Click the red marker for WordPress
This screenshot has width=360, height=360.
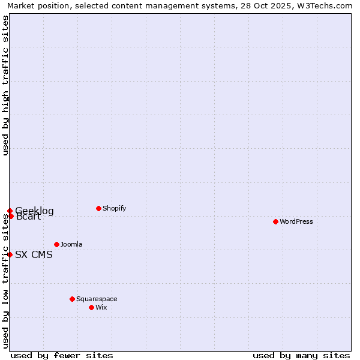click(275, 221)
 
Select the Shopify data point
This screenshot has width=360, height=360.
click(98, 208)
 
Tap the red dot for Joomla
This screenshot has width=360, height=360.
click(56, 244)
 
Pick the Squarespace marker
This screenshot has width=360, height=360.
click(72, 299)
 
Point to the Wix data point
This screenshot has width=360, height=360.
click(91, 307)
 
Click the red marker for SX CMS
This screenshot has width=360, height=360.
click(10, 254)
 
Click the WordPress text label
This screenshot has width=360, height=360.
click(296, 221)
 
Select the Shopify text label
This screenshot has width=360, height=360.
click(114, 208)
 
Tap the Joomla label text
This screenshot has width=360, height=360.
click(71, 244)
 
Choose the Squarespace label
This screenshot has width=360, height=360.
click(97, 299)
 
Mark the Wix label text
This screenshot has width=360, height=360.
click(101, 307)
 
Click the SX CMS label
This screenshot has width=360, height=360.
click(34, 254)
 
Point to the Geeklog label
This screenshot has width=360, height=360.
click(34, 211)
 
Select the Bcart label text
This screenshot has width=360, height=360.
click(29, 217)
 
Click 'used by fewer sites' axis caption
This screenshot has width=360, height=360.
click(62, 355)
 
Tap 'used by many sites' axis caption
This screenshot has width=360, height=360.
click(301, 355)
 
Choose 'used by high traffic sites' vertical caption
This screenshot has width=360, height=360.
click(5, 85)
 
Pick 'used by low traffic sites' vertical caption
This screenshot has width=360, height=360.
click(5, 281)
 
